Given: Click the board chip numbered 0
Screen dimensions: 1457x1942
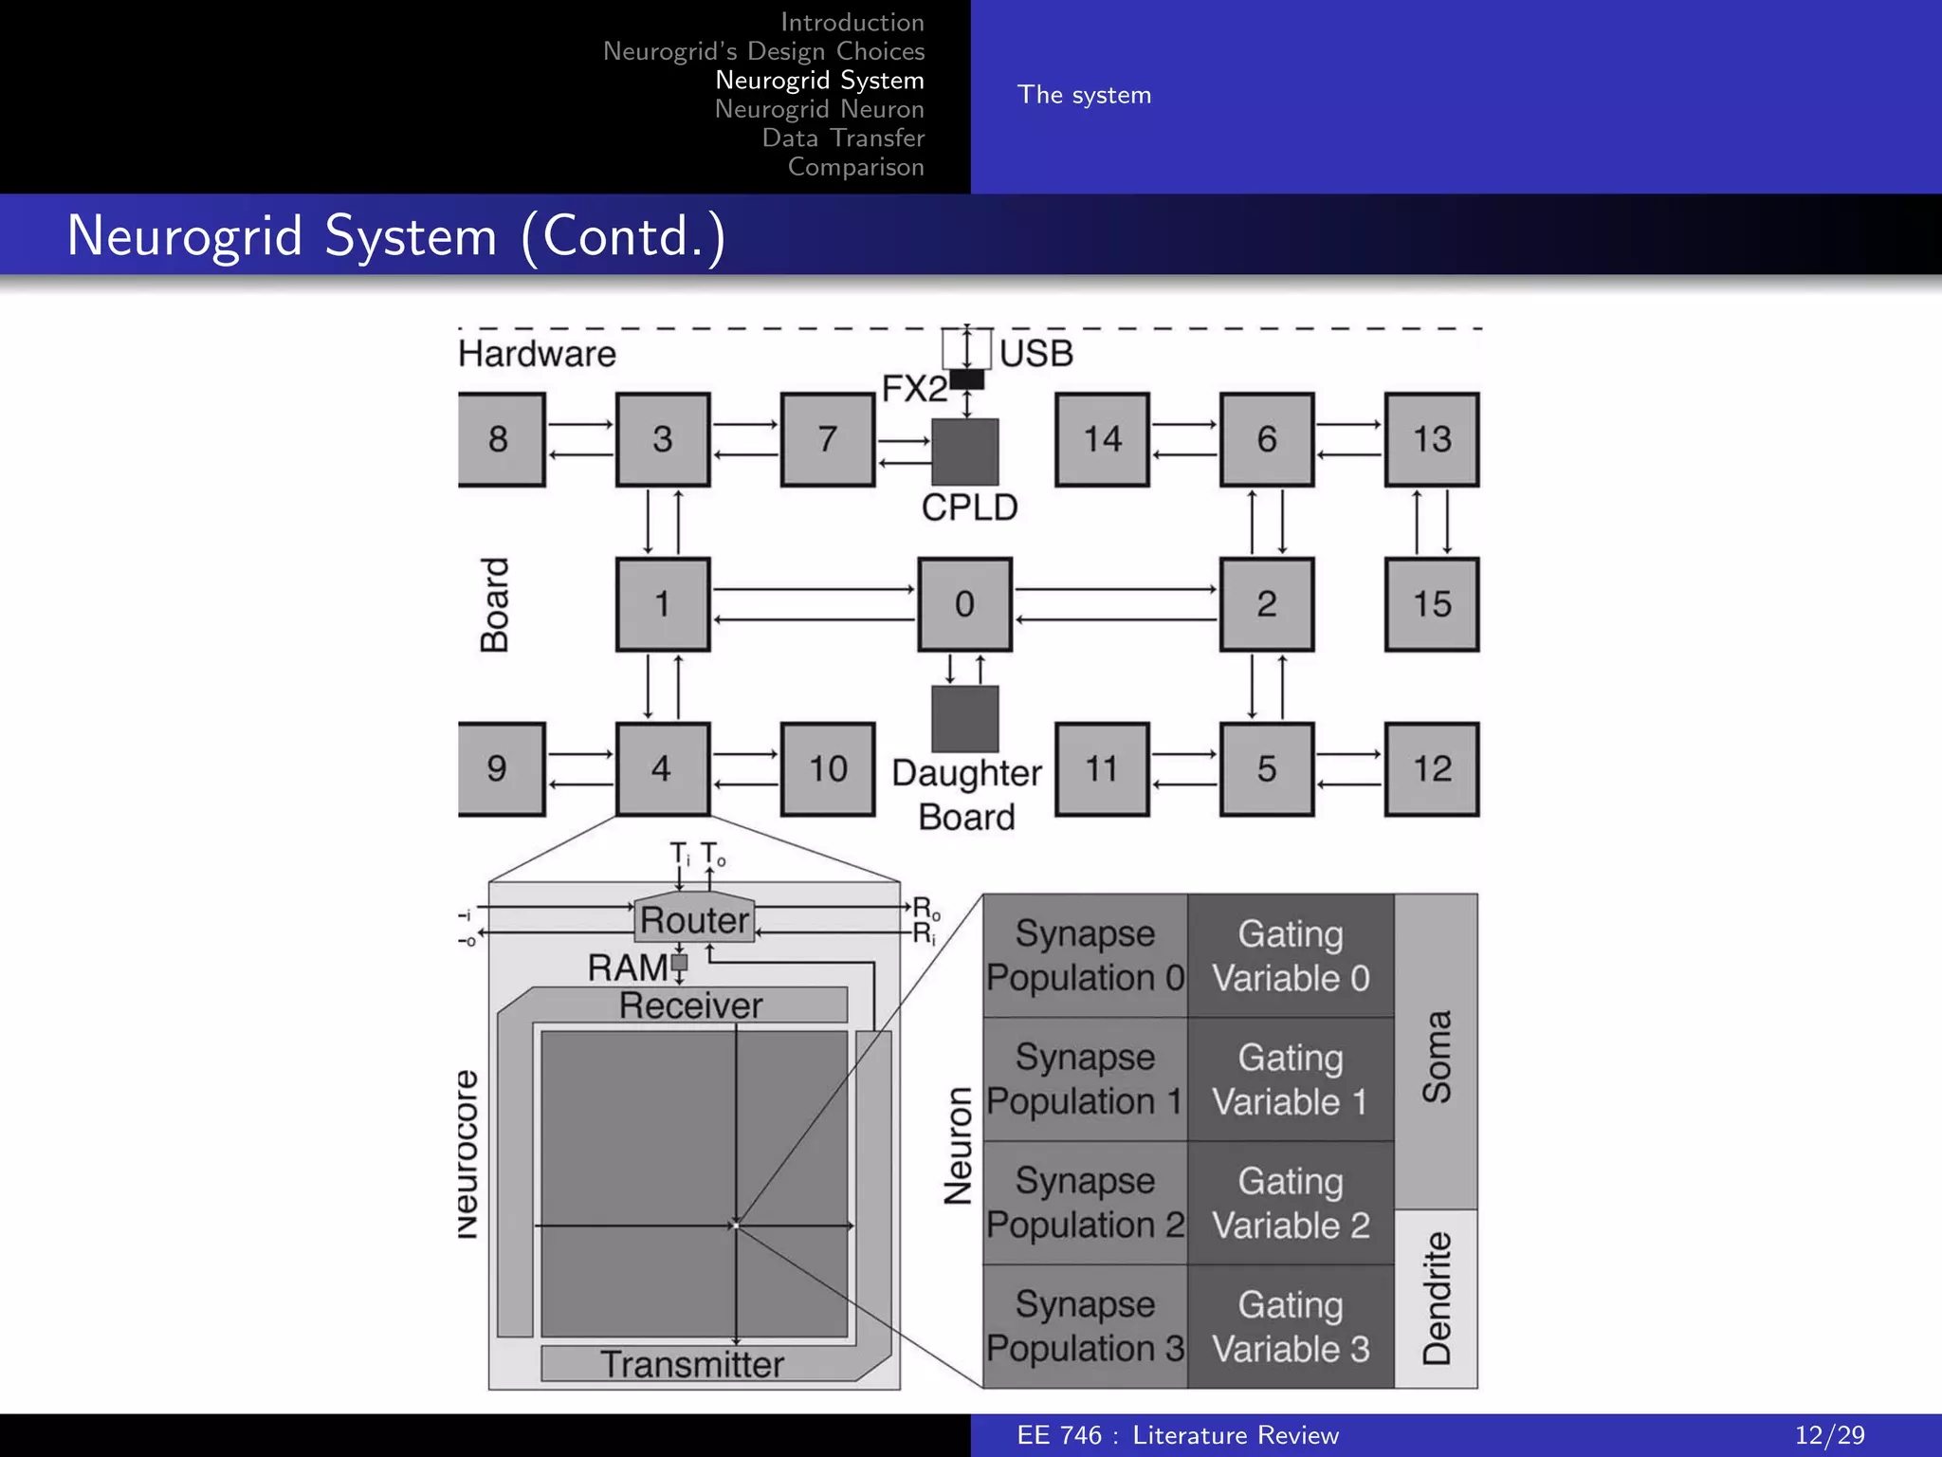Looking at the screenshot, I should click(964, 604).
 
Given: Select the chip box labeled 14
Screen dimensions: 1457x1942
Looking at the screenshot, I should click(1102, 439).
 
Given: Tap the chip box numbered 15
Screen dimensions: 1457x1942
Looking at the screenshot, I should click(1431, 604).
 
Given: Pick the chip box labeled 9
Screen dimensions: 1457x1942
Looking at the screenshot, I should click(500, 768).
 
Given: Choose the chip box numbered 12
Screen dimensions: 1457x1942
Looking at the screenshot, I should click(1431, 768).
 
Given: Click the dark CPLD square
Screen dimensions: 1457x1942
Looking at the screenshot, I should click(964, 452).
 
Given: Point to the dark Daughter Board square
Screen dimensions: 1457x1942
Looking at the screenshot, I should click(964, 718).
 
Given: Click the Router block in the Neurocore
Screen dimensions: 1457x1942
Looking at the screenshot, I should click(694, 918).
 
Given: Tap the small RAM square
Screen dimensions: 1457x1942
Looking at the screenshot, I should click(679, 963).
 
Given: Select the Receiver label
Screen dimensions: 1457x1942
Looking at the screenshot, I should click(690, 1005).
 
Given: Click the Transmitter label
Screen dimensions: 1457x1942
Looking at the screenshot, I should click(692, 1364).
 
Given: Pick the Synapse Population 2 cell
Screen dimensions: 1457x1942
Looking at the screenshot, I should click(1085, 1203).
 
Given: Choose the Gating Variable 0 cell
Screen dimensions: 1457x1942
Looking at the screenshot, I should click(1291, 955).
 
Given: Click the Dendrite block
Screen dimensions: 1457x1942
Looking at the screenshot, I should click(1437, 1298).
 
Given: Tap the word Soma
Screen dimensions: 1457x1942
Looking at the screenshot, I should click(1437, 1056).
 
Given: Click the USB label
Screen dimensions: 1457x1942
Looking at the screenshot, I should click(1036, 354).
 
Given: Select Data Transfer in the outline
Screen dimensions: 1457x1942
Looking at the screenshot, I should click(843, 138).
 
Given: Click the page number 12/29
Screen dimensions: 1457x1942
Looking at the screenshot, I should click(1829, 1435).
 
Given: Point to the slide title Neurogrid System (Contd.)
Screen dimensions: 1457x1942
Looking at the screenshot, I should click(396, 235).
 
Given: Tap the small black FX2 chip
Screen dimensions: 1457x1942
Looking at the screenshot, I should click(967, 379).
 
